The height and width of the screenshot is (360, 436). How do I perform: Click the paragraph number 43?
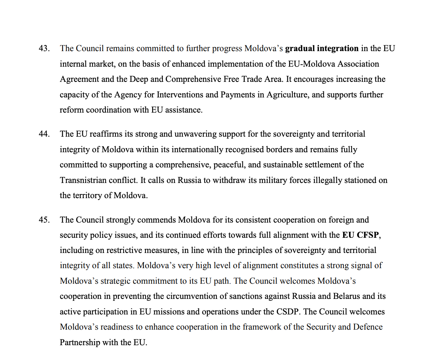[x=44, y=49]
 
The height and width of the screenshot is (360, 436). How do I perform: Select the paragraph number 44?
[x=44, y=134]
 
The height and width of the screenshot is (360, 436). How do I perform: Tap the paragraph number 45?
[x=44, y=220]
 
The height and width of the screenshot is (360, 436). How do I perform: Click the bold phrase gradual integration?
[x=322, y=49]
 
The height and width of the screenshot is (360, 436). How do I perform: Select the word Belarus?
[x=347, y=296]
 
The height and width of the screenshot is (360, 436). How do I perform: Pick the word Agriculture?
[x=287, y=94]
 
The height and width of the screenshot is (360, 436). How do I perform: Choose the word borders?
[x=281, y=149]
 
